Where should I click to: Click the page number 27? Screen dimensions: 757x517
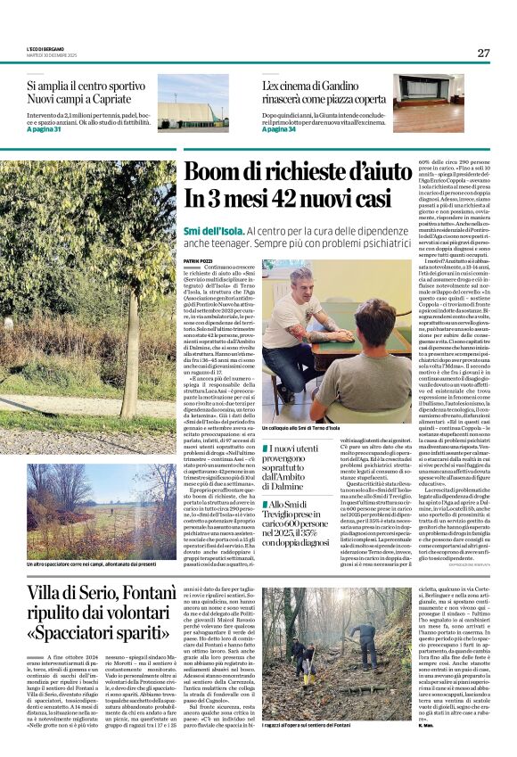(x=483, y=53)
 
